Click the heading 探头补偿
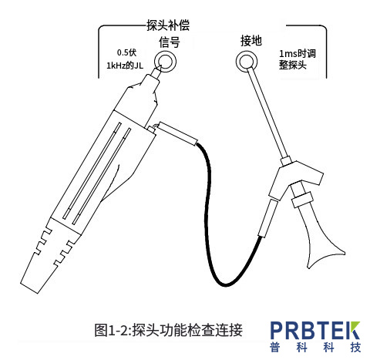(x=168, y=25)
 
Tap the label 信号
(x=169, y=42)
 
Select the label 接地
(x=251, y=41)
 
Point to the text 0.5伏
(x=126, y=52)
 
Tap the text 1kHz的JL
(x=125, y=66)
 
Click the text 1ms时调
(x=298, y=54)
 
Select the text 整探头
(x=293, y=65)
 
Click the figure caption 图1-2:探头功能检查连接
(x=168, y=330)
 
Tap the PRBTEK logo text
(x=315, y=330)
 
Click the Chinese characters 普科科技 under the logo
(x=315, y=348)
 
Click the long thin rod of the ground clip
(x=268, y=113)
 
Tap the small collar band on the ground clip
(x=302, y=200)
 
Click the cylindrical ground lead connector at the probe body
(x=177, y=133)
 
